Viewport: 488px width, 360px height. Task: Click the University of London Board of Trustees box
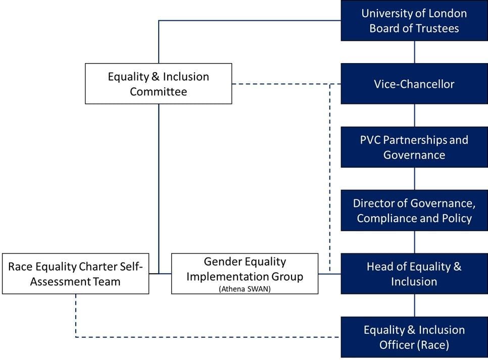(414, 21)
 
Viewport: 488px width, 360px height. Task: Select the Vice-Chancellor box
(414, 84)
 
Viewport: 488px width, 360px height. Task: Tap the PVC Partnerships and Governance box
(414, 147)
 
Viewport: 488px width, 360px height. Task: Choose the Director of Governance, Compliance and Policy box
(414, 211)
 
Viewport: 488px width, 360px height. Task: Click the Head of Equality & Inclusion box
(414, 274)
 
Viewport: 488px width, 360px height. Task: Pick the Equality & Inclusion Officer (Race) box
(414, 337)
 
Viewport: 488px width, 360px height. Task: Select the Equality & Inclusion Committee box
(159, 84)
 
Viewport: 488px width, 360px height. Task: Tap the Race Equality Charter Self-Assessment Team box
(76, 274)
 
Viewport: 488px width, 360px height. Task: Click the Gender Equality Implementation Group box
(245, 274)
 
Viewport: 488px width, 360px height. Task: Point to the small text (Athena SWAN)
(245, 289)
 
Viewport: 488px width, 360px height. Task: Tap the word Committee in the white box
(159, 92)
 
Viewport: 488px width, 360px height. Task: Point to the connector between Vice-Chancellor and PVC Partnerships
(414, 116)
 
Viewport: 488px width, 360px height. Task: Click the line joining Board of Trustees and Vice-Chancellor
(414, 53)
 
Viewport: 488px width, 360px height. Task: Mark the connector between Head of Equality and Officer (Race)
(414, 305)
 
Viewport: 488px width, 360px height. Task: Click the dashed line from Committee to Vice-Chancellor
(286, 84)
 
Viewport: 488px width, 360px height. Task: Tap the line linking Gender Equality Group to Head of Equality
(329, 274)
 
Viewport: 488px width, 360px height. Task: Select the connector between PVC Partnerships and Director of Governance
(414, 179)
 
